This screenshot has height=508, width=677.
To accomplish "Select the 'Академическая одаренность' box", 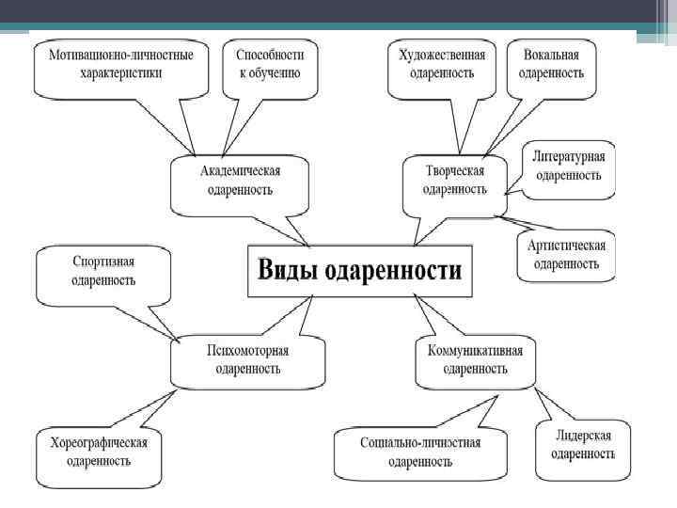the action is [x=240, y=180].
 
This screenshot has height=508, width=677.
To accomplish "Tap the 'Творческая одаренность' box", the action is [x=454, y=180].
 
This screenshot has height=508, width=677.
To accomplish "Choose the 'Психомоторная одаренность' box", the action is [x=247, y=359].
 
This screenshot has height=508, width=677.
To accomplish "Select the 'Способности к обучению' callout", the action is [x=268, y=63].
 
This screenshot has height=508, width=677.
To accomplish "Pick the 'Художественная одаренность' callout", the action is [x=442, y=63].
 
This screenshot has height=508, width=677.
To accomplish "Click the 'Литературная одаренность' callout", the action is [x=569, y=165].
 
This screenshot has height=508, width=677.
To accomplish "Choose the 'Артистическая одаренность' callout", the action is [x=566, y=254].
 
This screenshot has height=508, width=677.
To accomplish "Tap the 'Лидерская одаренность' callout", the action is [x=582, y=443].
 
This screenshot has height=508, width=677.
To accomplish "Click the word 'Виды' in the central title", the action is [x=288, y=273].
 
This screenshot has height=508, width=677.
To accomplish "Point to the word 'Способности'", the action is [x=268, y=55].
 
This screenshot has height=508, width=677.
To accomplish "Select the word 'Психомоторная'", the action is [x=247, y=351].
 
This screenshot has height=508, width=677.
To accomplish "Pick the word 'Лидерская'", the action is [x=582, y=435].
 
